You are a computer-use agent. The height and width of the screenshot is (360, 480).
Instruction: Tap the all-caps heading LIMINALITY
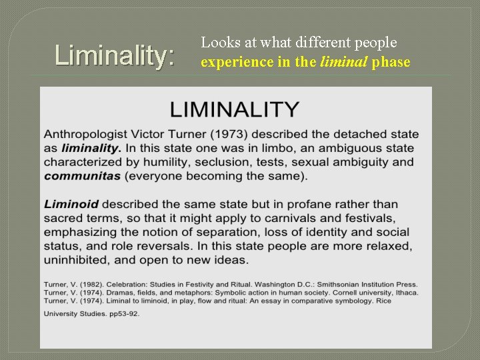pyautogui.click(x=234, y=109)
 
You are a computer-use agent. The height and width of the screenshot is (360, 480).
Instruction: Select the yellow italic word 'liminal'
pyautogui.click(x=346, y=62)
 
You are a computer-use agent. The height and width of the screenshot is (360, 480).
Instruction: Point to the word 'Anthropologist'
pyautogui.click(x=92, y=135)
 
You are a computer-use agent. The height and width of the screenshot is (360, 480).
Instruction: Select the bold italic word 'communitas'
pyautogui.click(x=83, y=176)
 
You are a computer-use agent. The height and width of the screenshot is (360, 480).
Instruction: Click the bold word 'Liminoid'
pyautogui.click(x=71, y=204)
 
